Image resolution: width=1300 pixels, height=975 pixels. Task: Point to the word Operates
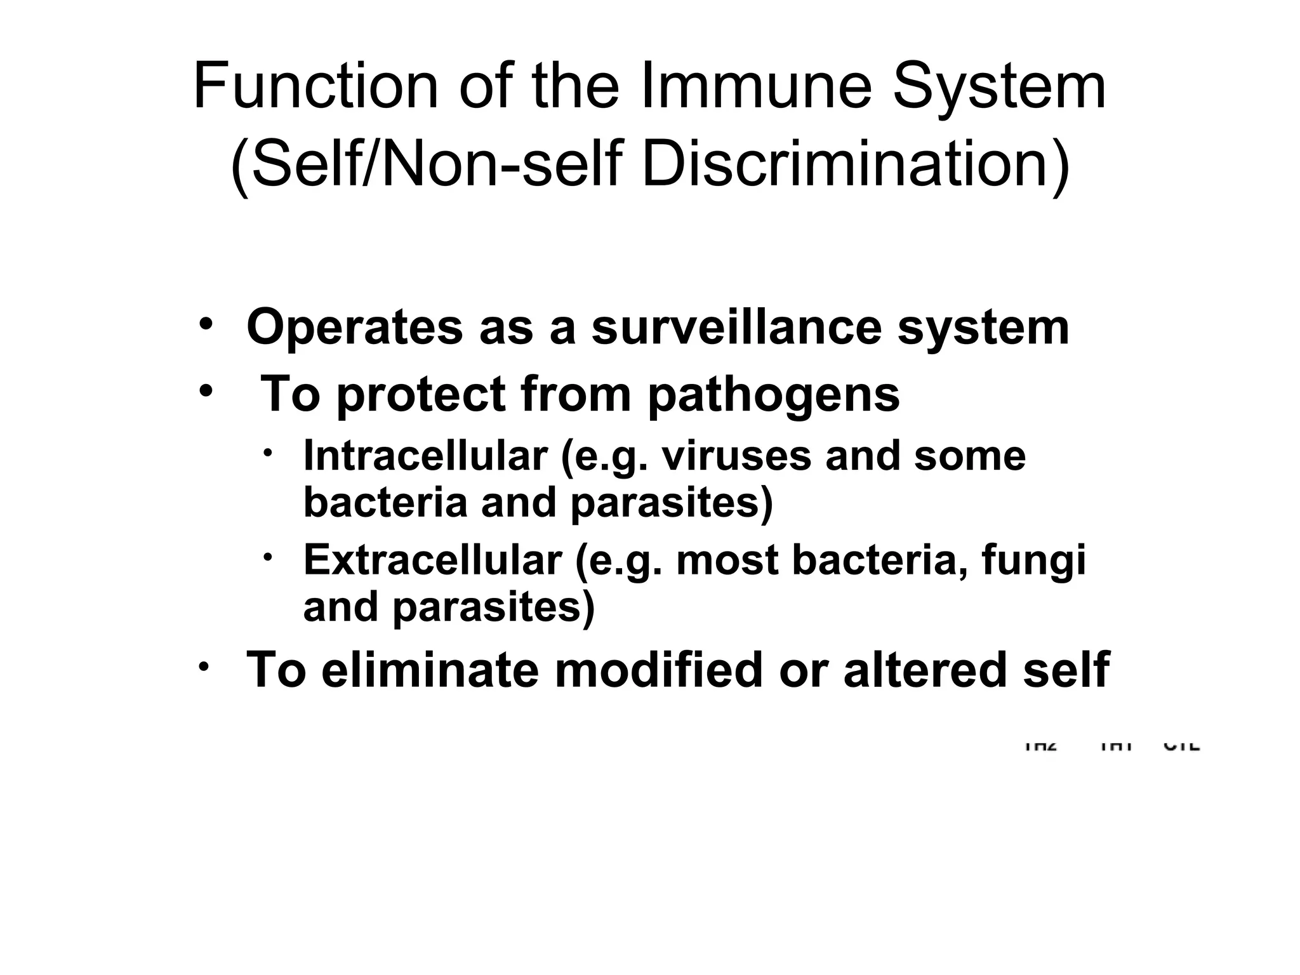pos(354,328)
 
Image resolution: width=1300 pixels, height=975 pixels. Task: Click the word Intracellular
pos(425,456)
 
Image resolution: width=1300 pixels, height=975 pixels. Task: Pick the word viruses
pos(736,456)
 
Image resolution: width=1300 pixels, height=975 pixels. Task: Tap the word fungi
pos(1033,560)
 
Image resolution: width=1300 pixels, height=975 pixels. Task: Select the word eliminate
pos(430,670)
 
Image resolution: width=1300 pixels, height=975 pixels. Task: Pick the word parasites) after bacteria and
pos(671,503)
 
